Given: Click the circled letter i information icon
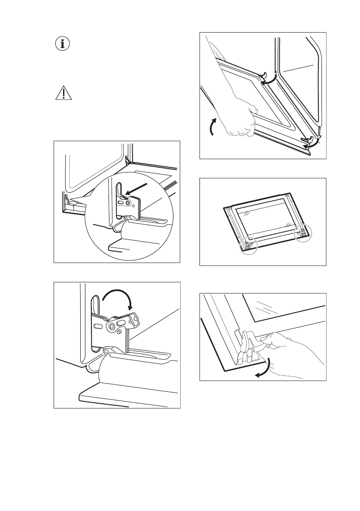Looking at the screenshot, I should (63, 44).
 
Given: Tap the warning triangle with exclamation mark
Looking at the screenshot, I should (63, 93).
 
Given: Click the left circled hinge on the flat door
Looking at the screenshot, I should (248, 245).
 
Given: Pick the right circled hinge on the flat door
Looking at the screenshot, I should (303, 231).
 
